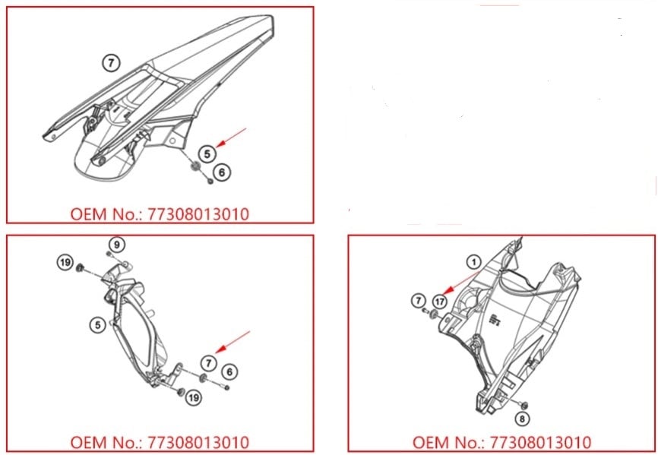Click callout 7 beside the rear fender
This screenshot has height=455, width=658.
pos(111,63)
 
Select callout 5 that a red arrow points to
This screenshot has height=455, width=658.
pos(207,154)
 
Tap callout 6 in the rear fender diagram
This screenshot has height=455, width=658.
pos(222,172)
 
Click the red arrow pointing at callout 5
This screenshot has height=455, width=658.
pos(231,137)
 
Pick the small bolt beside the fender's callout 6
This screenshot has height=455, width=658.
pos(210,181)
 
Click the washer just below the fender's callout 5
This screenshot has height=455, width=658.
pos(195,166)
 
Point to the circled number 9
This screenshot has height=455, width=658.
pos(117,245)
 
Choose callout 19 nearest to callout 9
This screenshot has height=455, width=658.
pos(65,263)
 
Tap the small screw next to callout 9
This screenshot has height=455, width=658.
pos(109,254)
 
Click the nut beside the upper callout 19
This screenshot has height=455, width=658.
pos(79,267)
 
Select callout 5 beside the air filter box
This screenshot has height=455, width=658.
pos(98,325)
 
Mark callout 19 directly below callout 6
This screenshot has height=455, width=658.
pos(193,397)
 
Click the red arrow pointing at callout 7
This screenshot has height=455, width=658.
pos(233,341)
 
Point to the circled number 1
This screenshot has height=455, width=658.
pos(474,263)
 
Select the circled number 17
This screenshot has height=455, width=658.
pos(440,302)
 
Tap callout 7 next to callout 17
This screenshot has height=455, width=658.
pos(418,301)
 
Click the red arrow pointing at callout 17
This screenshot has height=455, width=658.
pos(461,282)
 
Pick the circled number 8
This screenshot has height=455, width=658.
pos(522,419)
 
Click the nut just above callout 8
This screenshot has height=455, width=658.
pos(524,405)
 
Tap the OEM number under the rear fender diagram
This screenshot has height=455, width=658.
pos(160,214)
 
